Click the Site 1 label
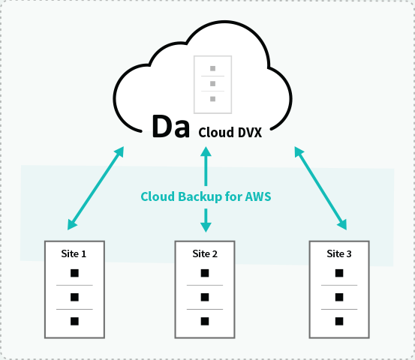(74, 254)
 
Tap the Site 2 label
(205, 254)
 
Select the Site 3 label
(339, 254)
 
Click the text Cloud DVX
(230, 133)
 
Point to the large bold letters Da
(170, 127)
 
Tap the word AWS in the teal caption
(258, 196)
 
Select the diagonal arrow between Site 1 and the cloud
(95, 188)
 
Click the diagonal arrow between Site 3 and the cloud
(320, 188)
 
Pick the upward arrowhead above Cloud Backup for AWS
(206, 151)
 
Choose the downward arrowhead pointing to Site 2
(206, 227)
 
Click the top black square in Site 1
(74, 273)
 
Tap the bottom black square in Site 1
(74, 321)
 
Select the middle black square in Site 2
(205, 297)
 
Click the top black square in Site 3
(339, 273)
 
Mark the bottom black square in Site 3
(339, 321)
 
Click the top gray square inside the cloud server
(213, 68)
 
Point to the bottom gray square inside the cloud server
(213, 99)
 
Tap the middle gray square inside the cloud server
(213, 83)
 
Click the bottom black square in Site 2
(205, 321)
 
